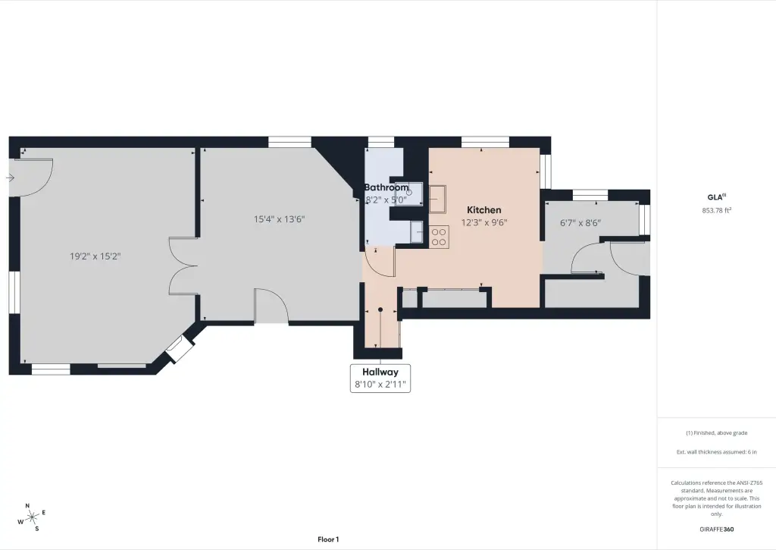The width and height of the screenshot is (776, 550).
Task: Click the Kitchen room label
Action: click(x=484, y=210)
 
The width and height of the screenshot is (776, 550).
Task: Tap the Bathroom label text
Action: click(x=386, y=187)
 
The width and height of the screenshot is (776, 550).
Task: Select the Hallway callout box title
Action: click(x=380, y=372)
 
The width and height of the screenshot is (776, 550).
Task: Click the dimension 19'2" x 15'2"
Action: click(x=95, y=256)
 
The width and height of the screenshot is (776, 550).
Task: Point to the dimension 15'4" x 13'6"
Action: click(x=279, y=219)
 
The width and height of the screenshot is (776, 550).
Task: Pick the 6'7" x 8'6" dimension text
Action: click(x=580, y=223)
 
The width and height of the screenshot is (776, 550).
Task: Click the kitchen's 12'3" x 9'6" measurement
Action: click(x=484, y=222)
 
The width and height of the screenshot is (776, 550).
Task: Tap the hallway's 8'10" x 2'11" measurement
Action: click(x=380, y=384)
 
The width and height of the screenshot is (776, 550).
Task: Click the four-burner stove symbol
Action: click(x=439, y=237)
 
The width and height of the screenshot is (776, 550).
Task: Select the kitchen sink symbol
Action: click(x=437, y=199)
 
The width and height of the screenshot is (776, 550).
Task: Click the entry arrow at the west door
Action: click(x=10, y=178)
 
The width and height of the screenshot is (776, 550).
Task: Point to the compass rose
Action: click(x=32, y=518)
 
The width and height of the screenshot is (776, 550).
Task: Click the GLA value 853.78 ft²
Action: click(x=717, y=210)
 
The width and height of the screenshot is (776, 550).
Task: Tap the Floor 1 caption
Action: click(x=328, y=539)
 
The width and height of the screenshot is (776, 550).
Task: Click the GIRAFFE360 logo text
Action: click(x=717, y=530)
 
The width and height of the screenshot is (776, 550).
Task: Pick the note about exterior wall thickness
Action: click(x=717, y=452)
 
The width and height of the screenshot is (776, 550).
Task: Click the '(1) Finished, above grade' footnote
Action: click(x=717, y=433)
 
